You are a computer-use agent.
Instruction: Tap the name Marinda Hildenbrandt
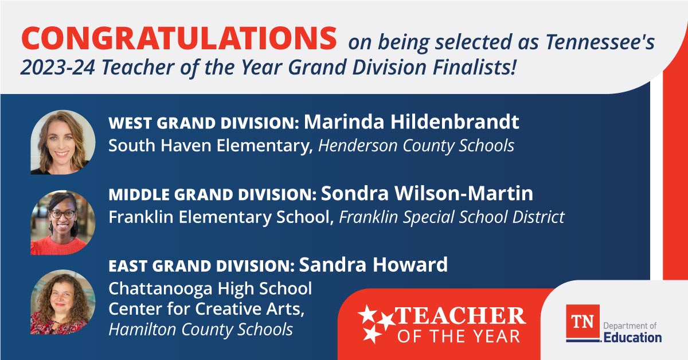(x=411, y=122)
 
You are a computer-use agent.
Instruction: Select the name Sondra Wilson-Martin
(x=427, y=194)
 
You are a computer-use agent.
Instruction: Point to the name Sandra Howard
(x=373, y=265)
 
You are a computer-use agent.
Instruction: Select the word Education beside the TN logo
(x=632, y=337)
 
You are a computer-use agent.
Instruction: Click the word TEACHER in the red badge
(x=460, y=316)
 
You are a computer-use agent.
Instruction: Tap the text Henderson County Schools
(x=416, y=146)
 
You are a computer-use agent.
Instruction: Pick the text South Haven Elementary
(x=210, y=146)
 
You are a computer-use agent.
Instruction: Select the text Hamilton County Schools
(x=201, y=330)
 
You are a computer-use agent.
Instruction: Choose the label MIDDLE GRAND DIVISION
(x=212, y=195)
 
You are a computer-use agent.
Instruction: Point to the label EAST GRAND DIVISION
(x=201, y=266)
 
